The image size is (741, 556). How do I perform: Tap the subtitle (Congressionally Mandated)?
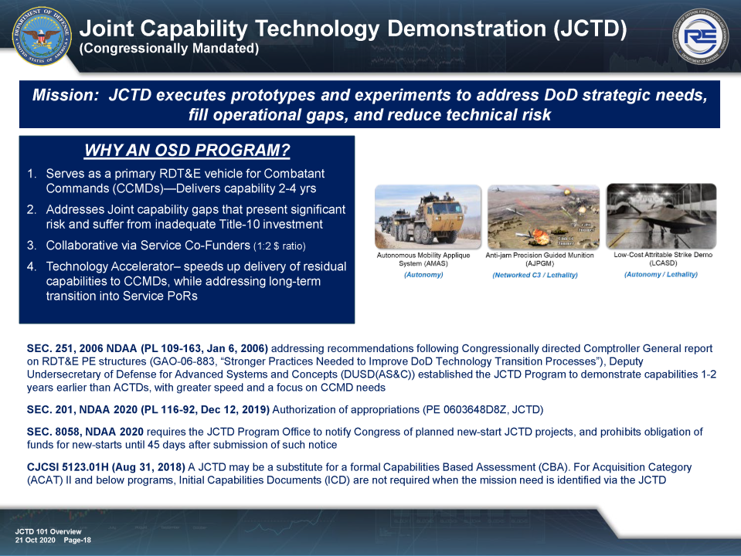coord(169,49)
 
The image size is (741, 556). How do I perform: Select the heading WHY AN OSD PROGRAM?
coord(187,150)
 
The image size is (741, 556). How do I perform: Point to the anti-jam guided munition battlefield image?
coord(542,217)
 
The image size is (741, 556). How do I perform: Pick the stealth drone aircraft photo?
coord(661,215)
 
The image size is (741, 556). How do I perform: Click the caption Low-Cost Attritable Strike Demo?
coord(662,255)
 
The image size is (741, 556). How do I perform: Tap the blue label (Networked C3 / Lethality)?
coord(535,275)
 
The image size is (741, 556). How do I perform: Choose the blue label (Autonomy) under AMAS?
coord(423,275)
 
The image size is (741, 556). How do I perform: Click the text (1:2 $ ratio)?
coord(280,246)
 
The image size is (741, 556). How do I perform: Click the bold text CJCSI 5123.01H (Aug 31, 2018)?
coord(106,467)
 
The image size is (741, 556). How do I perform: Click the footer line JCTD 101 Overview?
coord(48,532)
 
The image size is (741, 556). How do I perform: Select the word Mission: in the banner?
coord(66,96)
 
